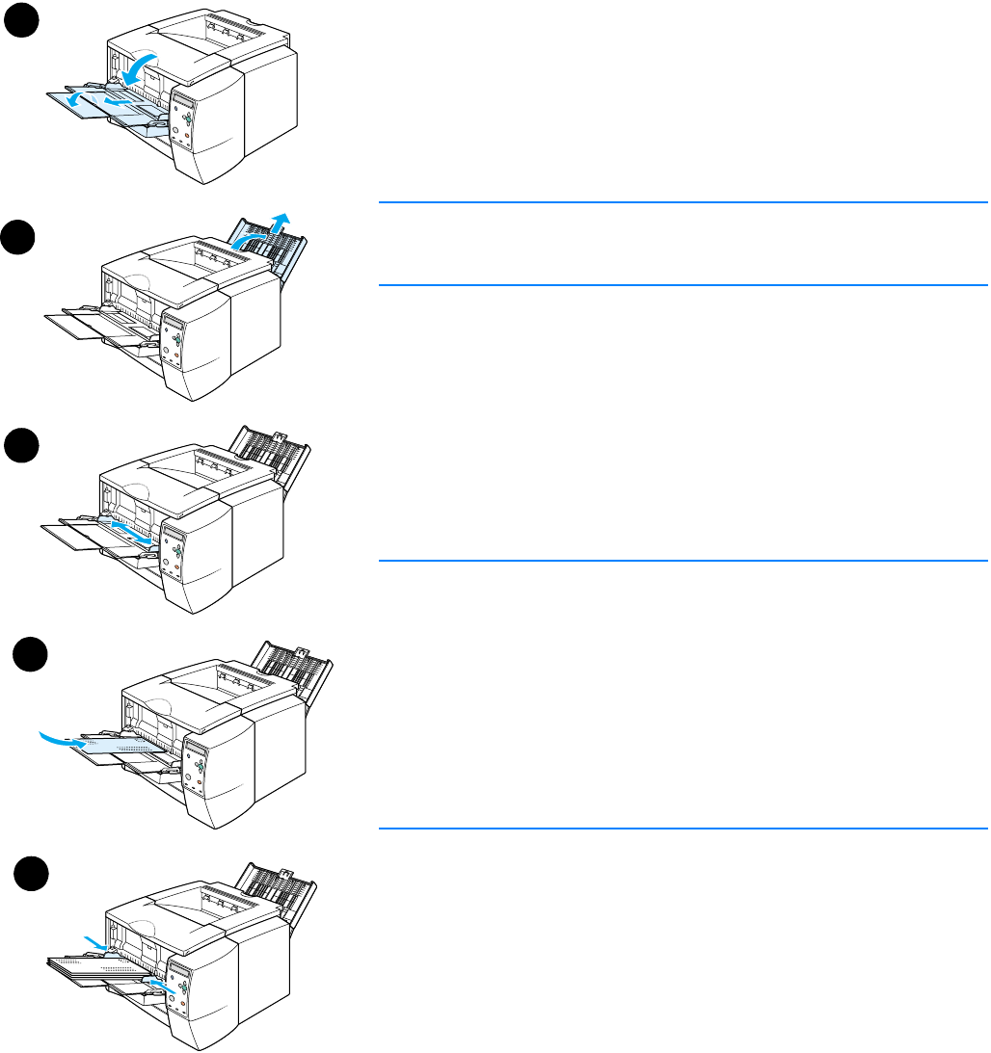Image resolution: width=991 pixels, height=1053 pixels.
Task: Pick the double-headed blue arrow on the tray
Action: (x=132, y=534)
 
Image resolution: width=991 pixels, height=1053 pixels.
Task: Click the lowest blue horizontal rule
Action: (x=683, y=828)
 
